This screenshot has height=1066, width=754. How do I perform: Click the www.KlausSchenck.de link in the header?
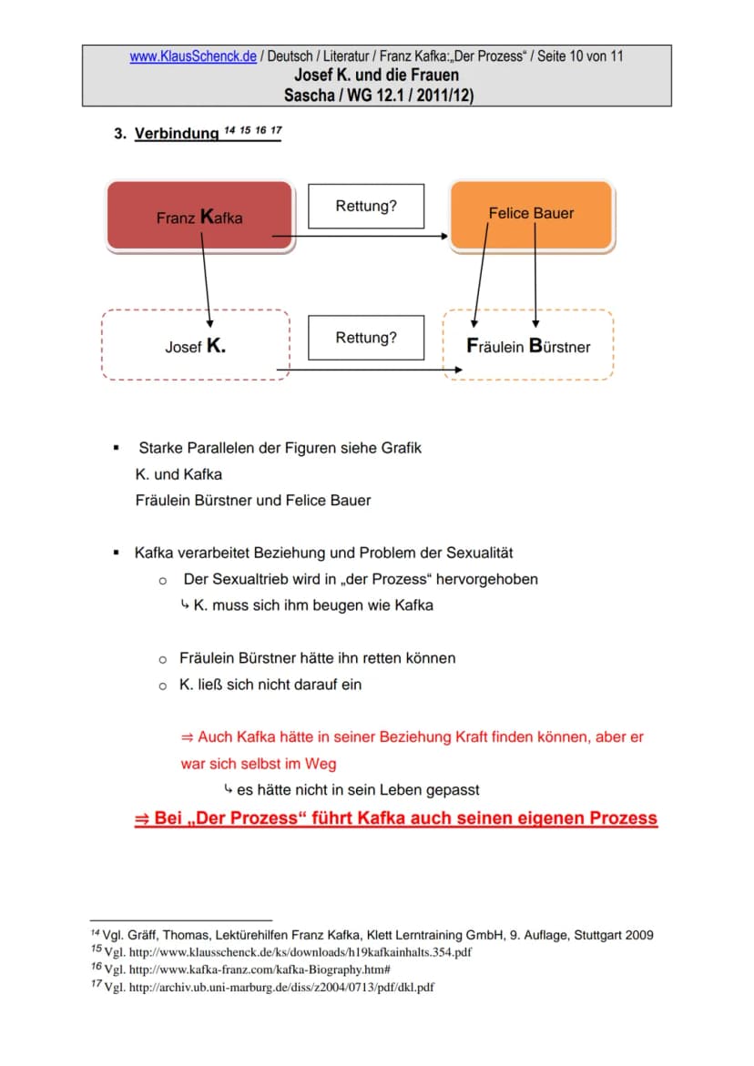[x=193, y=56]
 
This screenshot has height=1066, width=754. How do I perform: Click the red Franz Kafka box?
[x=200, y=217]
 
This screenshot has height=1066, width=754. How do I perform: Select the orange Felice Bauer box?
[x=533, y=216]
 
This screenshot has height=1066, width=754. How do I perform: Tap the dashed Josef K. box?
[x=196, y=345]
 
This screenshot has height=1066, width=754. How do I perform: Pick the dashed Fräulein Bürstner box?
[x=528, y=345]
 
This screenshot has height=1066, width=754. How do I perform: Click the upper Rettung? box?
[x=366, y=206]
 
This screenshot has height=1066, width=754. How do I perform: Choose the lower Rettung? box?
[x=366, y=338]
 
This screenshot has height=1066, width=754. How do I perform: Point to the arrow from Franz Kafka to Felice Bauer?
[x=360, y=236]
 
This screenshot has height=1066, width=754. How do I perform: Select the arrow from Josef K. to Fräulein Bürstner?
[x=369, y=370]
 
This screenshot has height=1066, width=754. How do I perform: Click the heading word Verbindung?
[x=177, y=133]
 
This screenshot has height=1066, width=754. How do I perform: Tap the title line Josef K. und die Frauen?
[x=377, y=75]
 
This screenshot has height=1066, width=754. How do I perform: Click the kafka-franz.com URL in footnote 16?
[x=260, y=970]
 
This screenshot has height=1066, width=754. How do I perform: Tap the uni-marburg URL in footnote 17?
[x=281, y=987]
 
